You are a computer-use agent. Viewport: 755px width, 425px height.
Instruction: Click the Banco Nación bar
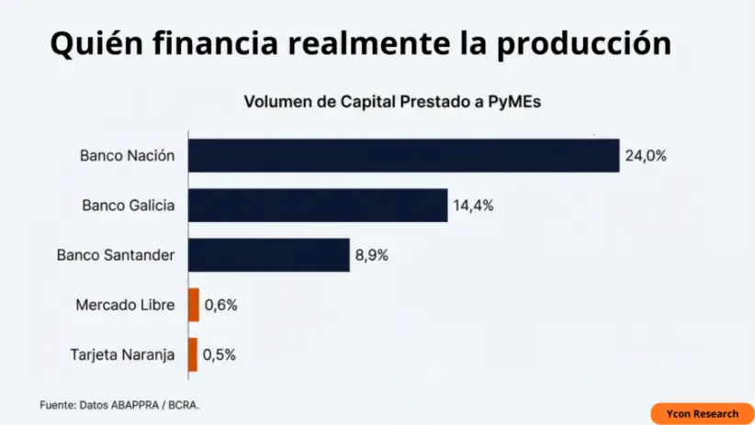pos(404,155)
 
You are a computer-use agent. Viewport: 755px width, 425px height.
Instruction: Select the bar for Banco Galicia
pos(318,206)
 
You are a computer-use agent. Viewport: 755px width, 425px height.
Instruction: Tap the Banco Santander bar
pos(269,255)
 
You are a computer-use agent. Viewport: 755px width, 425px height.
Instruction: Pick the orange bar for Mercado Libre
pos(194,305)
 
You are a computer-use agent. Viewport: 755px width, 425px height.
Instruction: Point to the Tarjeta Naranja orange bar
pos(193,354)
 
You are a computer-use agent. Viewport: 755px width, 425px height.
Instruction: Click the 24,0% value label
pos(646,156)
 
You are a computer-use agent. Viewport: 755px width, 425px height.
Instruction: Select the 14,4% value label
pos(473,206)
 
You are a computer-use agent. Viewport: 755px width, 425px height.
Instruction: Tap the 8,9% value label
pos(372,255)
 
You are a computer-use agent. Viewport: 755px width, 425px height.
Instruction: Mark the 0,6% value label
pos(220,305)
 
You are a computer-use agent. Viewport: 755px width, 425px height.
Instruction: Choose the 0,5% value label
pos(220,354)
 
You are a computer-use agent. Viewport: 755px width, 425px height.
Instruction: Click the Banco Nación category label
pos(127,156)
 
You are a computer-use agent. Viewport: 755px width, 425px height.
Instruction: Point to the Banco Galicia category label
pos(128,206)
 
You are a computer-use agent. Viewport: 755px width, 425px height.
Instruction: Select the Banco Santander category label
pos(116,255)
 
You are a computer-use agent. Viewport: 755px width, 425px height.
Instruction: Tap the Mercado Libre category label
pos(125,305)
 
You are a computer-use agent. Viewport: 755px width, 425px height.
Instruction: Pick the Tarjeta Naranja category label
pos(122,354)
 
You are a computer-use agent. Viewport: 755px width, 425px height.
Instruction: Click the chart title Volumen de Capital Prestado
pos(392,102)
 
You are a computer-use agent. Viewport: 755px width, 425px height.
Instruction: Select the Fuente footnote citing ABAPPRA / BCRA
pos(119,405)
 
